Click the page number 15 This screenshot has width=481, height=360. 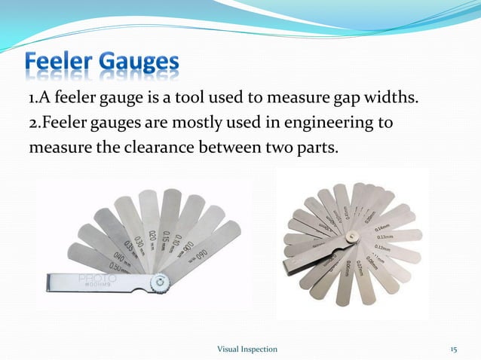[x=454, y=349]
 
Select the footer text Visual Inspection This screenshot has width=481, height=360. [x=247, y=349]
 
